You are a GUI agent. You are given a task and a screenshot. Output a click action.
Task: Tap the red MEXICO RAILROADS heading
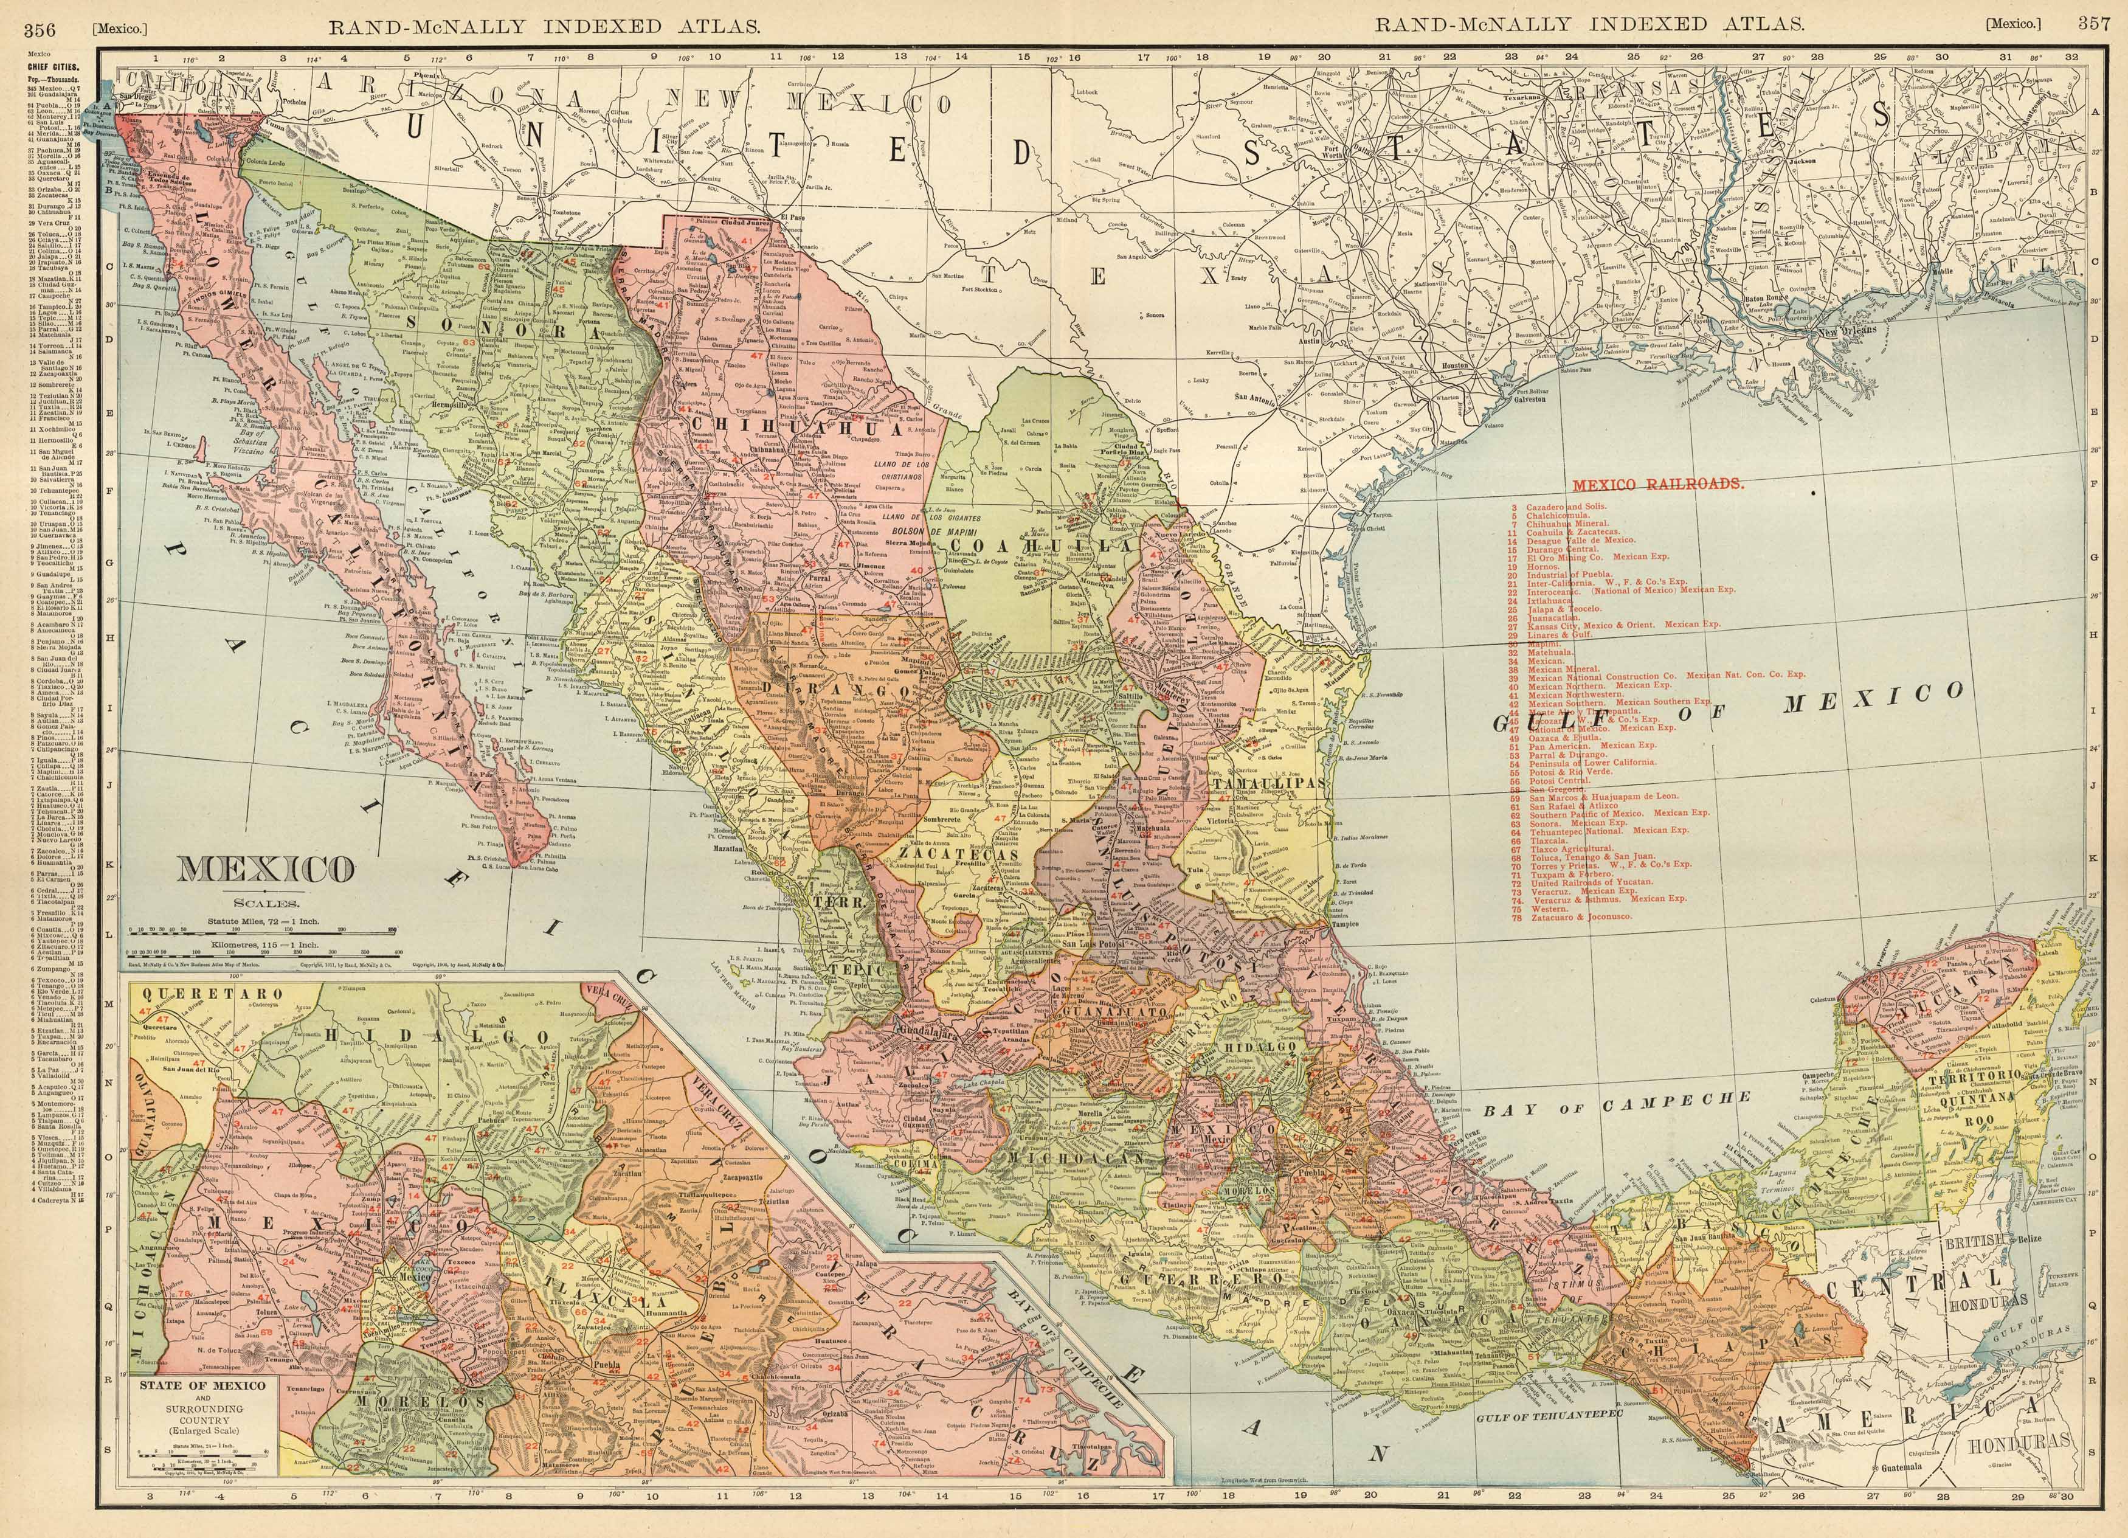click(x=1658, y=485)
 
